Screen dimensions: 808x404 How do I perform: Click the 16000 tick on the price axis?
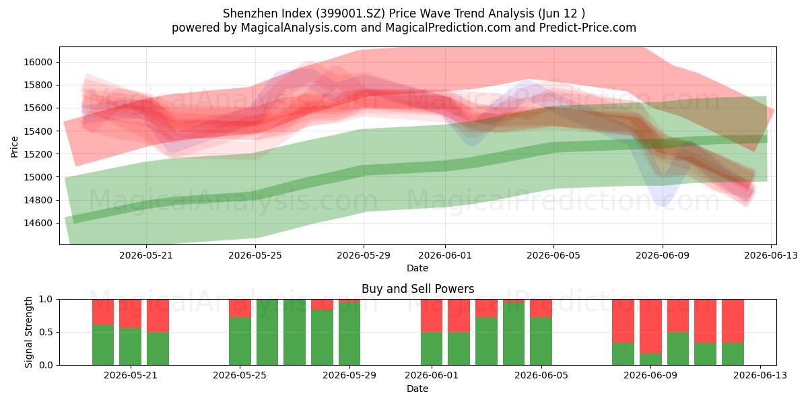tap(38, 62)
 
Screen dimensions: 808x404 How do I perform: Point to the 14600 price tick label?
tap(38, 223)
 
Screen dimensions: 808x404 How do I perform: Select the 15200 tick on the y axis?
tap(38, 154)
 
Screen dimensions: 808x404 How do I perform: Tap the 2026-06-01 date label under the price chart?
tap(445, 255)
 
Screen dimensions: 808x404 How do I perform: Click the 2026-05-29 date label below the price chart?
tap(364, 255)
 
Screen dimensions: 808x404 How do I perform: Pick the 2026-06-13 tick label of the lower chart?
tap(760, 376)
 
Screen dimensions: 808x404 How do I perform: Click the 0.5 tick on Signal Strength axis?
tap(46, 332)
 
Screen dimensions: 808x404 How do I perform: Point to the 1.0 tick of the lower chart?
tap(46, 300)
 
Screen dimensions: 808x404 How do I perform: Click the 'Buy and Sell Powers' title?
tap(417, 289)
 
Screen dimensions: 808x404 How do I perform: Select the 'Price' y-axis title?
tap(14, 147)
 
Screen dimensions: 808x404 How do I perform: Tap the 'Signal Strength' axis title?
tap(28, 332)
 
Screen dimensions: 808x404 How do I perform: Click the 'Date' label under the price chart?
tap(417, 269)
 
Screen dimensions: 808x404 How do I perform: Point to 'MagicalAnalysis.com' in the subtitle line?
tap(299, 28)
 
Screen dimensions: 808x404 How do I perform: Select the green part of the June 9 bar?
tap(650, 360)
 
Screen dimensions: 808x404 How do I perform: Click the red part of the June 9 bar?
tap(650, 327)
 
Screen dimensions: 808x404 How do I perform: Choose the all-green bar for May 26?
tap(267, 332)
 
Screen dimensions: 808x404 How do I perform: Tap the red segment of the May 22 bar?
tap(158, 316)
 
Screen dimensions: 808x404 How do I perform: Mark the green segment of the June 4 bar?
tap(514, 334)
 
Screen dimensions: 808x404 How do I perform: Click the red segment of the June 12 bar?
tap(733, 321)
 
